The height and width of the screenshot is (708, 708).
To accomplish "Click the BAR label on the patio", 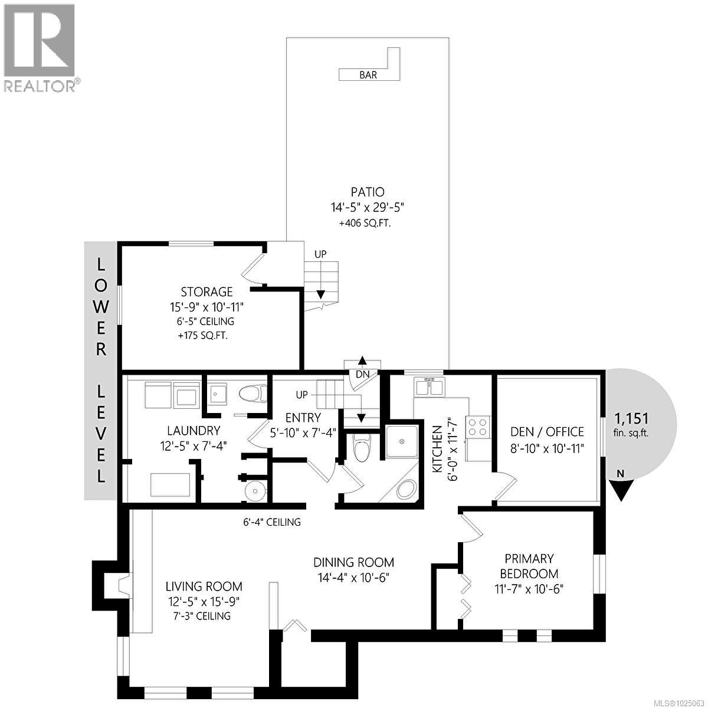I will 368,75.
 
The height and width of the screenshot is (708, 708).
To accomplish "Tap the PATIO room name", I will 366,192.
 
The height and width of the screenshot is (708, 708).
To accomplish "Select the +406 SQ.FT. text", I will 364,224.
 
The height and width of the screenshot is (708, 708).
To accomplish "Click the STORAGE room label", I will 206,291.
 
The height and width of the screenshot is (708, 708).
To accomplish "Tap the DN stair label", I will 362,374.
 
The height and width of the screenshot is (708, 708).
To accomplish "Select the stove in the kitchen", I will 477,427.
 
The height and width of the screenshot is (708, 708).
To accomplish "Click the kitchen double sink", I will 430,387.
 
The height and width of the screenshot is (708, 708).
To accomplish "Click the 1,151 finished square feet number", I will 631,419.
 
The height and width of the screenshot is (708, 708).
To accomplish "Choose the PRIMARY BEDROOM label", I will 529,566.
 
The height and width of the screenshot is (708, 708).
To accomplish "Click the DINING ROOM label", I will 353,562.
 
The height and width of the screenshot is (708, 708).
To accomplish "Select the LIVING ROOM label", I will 204,586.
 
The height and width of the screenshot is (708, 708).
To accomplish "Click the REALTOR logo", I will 40,47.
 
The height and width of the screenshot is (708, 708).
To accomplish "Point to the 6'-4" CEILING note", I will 272,522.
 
